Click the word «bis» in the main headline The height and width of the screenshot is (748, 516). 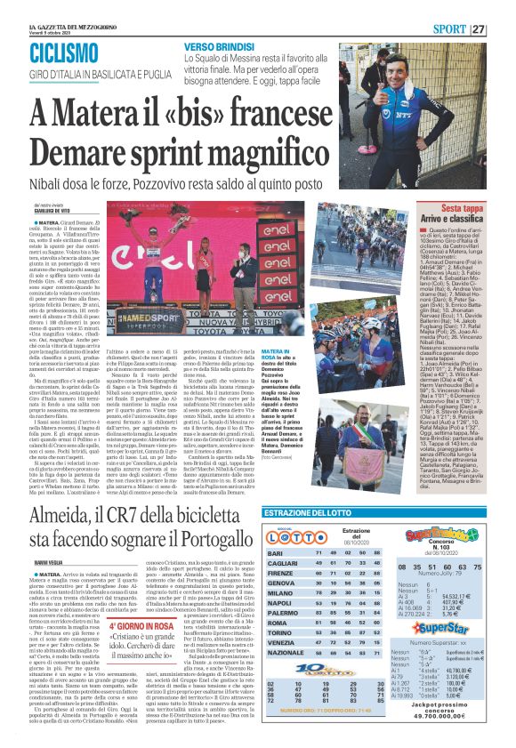(x=212, y=113)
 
